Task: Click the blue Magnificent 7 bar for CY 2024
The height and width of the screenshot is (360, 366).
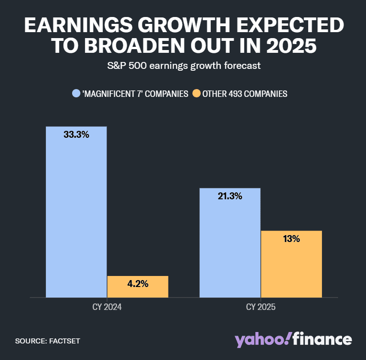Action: point(76,212)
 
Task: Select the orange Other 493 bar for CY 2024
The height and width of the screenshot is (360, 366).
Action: point(138,287)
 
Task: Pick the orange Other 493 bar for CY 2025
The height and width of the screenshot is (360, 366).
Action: point(291,264)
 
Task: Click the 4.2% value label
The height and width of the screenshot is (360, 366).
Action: point(138,284)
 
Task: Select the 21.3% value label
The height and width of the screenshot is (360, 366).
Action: point(230,197)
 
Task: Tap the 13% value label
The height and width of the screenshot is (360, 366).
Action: point(291,239)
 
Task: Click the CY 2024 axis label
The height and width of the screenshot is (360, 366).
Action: point(107,307)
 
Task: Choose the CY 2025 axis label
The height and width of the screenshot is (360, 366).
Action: point(260,307)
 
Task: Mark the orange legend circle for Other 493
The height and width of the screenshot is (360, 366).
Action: point(196,94)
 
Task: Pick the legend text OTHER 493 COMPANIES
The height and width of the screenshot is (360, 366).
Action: point(245,94)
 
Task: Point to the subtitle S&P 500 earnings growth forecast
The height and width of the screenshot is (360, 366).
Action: point(183,66)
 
